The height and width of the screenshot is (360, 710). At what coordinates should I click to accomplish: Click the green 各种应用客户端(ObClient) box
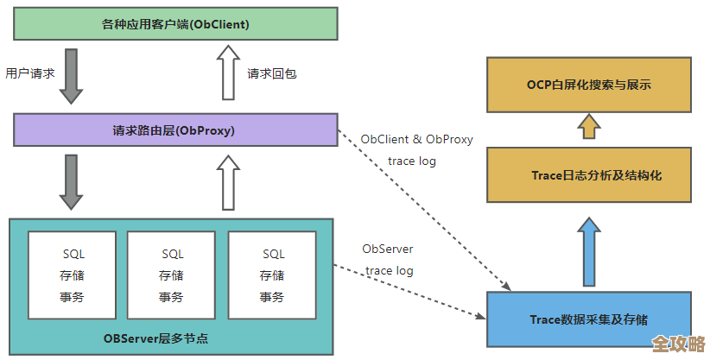point(174,24)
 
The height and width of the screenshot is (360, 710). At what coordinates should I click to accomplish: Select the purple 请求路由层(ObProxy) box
point(174,130)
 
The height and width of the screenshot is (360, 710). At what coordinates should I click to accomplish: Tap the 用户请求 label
point(30,73)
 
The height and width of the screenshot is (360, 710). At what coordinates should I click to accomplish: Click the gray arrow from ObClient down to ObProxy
point(71,76)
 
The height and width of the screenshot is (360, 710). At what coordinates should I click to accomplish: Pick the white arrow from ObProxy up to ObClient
point(228,73)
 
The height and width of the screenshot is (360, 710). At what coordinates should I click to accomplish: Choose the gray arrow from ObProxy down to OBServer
point(71,181)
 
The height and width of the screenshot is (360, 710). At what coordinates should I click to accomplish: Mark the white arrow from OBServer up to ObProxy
point(228,182)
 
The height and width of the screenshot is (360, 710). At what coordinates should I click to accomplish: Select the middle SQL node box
point(173,275)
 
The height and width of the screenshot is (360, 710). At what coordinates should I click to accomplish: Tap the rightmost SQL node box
point(274,275)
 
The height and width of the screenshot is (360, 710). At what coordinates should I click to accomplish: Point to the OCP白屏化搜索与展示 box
point(589,85)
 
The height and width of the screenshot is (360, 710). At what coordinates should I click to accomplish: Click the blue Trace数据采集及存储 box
point(589,319)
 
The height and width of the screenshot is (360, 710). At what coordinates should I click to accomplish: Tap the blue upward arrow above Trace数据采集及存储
point(589,252)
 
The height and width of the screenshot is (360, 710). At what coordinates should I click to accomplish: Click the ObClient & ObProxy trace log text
point(416,149)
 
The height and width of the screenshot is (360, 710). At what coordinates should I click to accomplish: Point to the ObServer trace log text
point(388,260)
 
